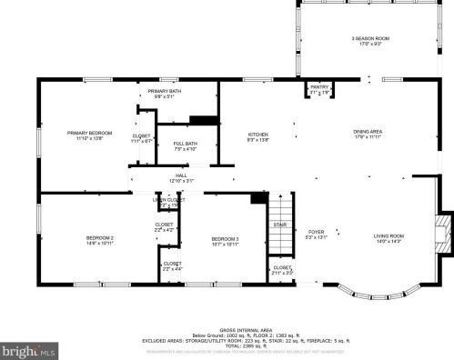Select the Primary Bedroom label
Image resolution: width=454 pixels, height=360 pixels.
coord(88,136)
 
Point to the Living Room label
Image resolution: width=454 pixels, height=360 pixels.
coord(388,239)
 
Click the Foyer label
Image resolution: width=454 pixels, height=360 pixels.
coord(316,235)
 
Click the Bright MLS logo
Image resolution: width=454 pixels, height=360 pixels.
coord(29,348)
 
